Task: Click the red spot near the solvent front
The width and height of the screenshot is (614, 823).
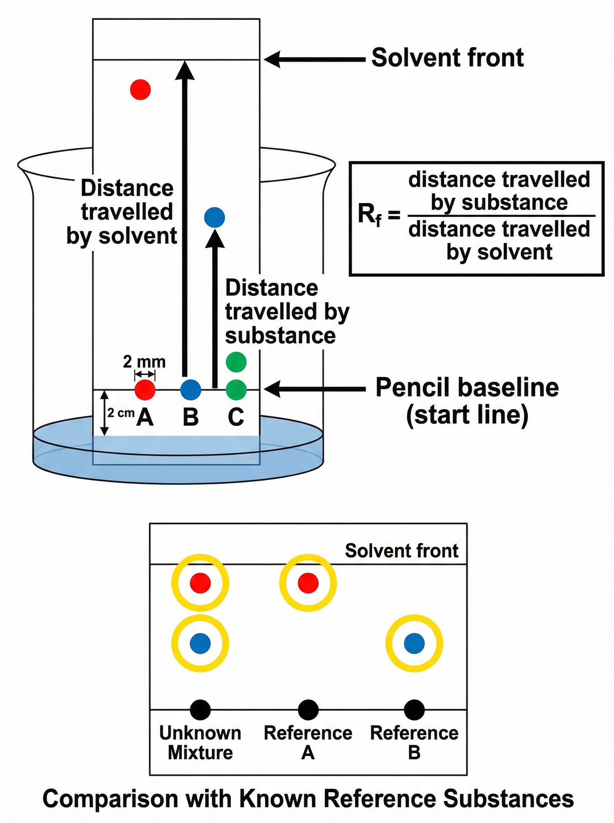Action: coord(140,89)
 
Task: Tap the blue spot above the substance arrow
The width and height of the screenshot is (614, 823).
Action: coord(215,217)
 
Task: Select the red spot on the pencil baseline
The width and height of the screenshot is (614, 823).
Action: coord(145,389)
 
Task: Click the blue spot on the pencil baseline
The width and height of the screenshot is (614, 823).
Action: coord(191,389)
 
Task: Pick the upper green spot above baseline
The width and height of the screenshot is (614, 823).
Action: coord(236,362)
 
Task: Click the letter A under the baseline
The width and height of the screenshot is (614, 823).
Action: coord(145,417)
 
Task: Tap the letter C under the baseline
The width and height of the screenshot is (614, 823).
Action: coord(236,417)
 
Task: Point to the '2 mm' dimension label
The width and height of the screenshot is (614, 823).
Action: coord(144,361)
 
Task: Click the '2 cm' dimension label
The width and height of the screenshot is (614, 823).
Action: coord(120,413)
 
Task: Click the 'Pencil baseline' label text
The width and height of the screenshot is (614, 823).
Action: coord(467,387)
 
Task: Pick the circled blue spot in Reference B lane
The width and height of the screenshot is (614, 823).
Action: coord(414,643)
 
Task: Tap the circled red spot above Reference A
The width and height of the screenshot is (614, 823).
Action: coord(308,582)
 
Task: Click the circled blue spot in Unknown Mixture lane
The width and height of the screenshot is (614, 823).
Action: coord(200,643)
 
